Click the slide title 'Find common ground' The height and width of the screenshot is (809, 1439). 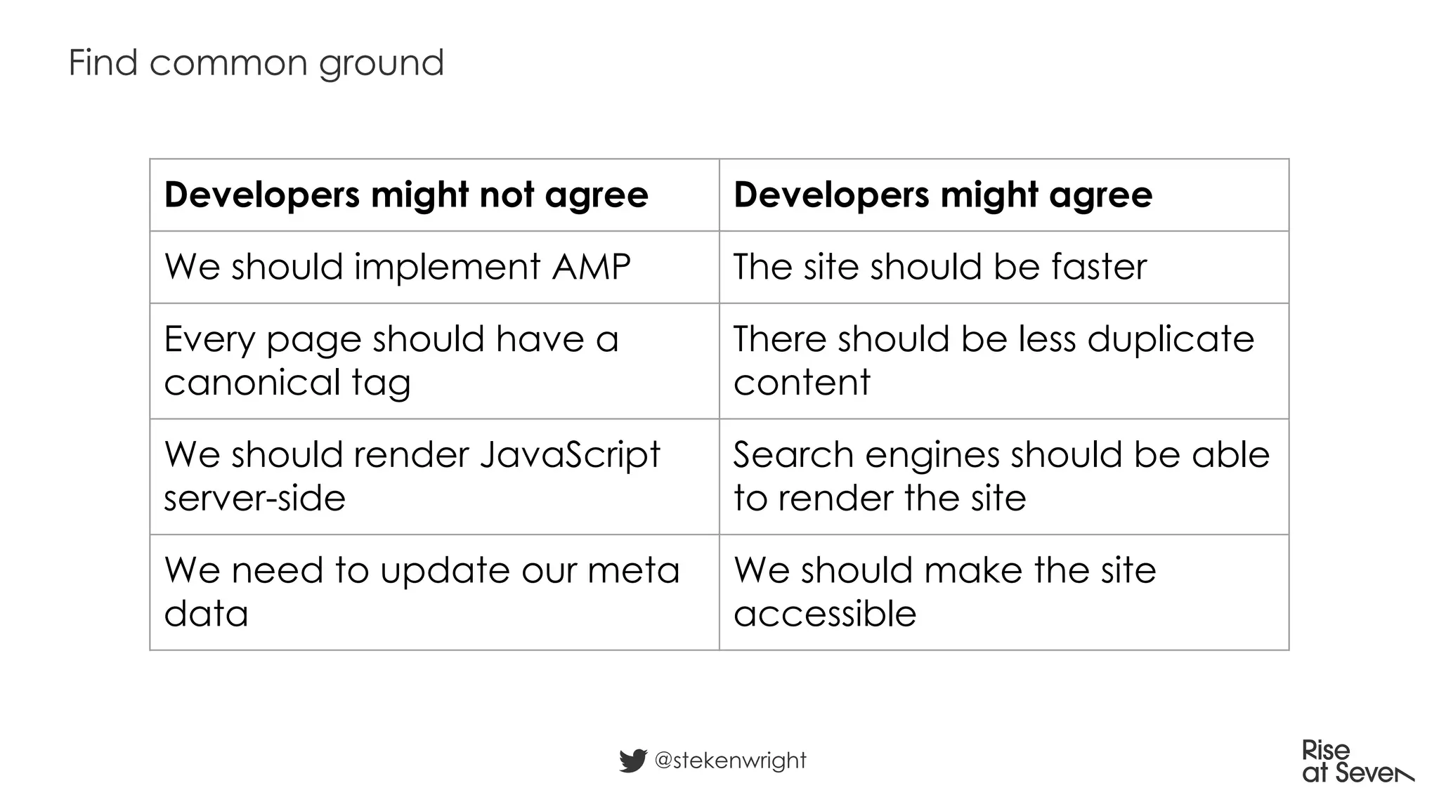[256, 63]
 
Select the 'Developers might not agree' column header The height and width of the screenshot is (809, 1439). [406, 195]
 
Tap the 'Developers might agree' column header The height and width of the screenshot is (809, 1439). [943, 195]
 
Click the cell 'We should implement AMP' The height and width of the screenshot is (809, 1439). [397, 267]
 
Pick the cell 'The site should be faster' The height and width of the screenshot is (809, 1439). [940, 267]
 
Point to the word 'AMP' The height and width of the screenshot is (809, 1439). [591, 267]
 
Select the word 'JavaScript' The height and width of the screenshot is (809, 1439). [570, 455]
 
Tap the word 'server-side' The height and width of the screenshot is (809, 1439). [254, 499]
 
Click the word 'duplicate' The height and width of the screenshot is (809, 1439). [1171, 339]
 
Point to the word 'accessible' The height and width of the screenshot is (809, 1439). [825, 614]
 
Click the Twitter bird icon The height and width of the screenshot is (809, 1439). [632, 761]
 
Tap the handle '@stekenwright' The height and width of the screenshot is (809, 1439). [730, 761]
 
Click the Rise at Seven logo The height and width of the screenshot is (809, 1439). [1356, 762]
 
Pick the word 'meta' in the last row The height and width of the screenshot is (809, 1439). [634, 570]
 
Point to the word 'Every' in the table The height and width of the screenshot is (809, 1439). [209, 340]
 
